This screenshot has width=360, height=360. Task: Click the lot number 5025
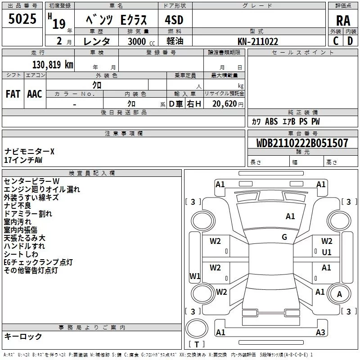coord(22,20)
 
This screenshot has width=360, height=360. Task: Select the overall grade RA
coord(343,21)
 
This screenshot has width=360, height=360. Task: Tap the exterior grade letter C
coord(335,40)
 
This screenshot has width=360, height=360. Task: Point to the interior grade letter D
coord(350,40)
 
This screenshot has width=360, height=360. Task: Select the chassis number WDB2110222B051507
coord(302,144)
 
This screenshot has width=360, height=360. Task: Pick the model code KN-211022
coord(258,41)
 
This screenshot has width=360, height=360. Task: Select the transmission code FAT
coord(13,94)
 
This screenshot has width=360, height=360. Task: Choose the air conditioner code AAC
coord(35,94)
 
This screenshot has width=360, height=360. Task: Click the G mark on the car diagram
coord(284,237)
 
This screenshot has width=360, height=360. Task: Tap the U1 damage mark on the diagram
coord(327,252)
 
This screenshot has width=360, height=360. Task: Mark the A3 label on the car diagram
coord(320,333)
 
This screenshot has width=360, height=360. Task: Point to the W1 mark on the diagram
coord(195,276)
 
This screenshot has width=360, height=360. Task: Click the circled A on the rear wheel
coord(339,294)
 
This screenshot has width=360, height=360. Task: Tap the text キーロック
coord(23,337)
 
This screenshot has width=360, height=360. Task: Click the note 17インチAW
coord(23,160)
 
